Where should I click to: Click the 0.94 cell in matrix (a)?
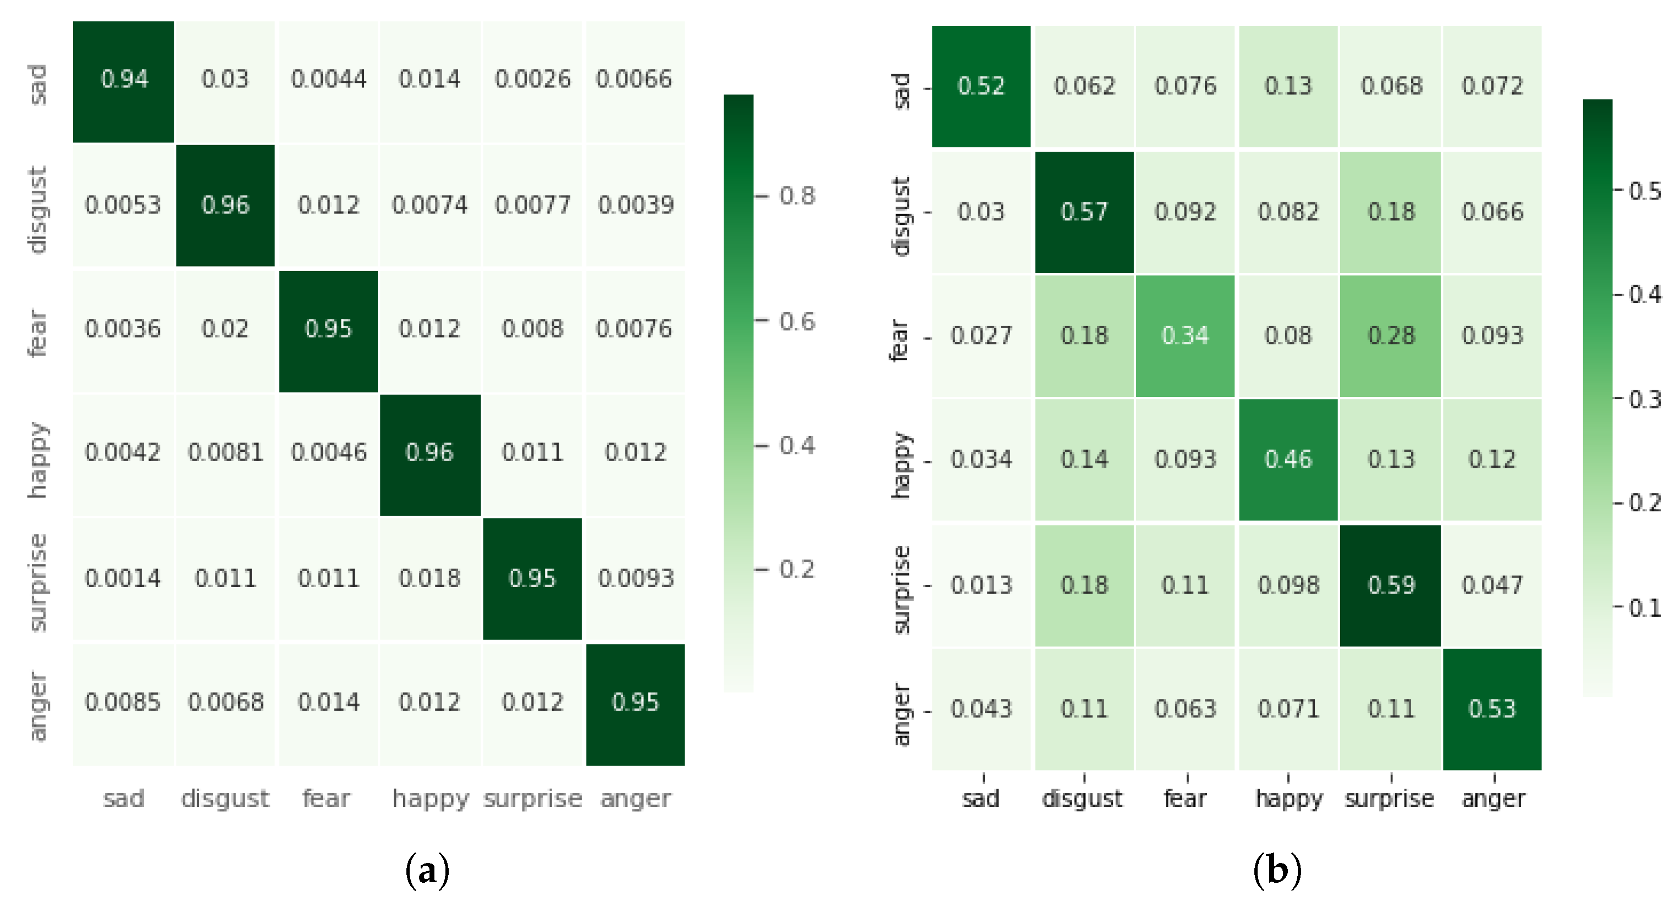point(124,80)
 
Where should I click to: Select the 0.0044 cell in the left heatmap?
point(328,80)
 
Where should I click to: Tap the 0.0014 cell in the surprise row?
point(122,578)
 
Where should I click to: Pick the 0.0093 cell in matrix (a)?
point(635,578)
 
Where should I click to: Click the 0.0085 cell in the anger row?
point(122,702)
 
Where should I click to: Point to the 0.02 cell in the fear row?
point(225,329)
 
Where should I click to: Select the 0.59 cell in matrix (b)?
point(1390,585)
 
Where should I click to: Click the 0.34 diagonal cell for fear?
point(1184,335)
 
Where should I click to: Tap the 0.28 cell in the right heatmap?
point(1390,335)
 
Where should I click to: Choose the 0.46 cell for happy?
point(1287,459)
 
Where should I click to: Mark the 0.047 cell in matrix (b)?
point(1492,585)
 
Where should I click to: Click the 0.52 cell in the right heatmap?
point(980,86)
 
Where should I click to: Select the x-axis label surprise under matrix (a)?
point(532,798)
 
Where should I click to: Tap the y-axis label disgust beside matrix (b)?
point(901,216)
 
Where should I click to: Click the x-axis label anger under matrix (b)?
point(1493,798)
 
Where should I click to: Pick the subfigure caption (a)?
point(427,870)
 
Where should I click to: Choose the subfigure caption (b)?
point(1276,870)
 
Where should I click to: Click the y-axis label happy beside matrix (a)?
point(38,460)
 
